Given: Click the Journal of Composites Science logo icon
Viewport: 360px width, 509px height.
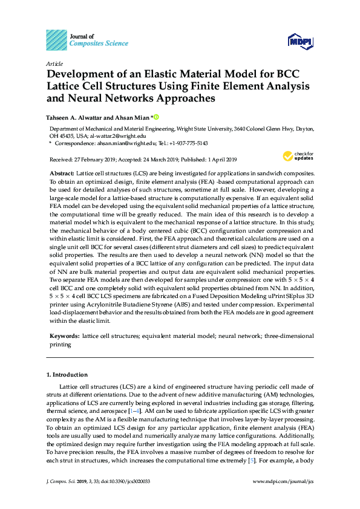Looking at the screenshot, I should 56,39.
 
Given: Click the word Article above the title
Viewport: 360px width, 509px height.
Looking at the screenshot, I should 54,63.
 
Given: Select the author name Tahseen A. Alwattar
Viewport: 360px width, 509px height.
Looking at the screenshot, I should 76,117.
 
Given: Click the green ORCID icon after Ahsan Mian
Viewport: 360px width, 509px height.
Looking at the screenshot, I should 156,117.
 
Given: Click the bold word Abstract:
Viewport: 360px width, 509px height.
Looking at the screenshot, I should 62,173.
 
